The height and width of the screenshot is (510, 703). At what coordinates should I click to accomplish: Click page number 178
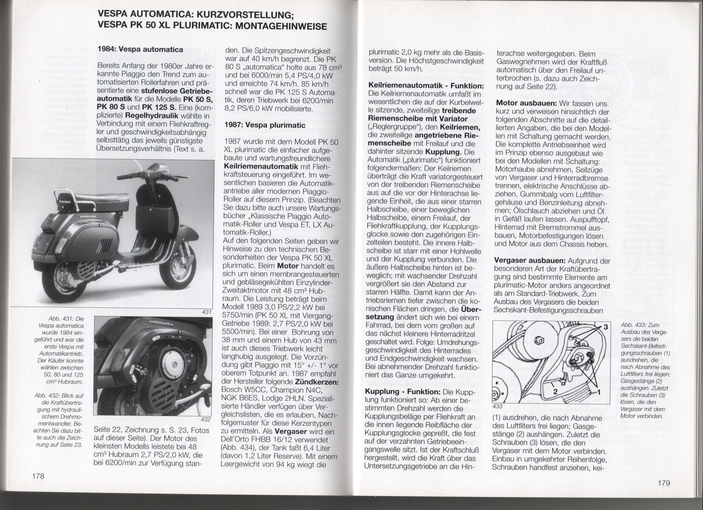(38, 476)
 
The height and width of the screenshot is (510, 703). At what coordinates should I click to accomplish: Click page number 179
(663, 482)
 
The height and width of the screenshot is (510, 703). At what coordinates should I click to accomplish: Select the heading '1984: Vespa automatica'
(140, 49)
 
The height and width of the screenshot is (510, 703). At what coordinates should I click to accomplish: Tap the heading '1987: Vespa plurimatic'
(265, 125)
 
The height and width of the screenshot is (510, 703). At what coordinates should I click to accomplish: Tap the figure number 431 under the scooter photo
(207, 312)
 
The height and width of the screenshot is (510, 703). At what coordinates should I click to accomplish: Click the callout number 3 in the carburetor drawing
(605, 328)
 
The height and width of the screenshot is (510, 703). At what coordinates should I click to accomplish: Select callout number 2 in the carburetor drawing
(555, 391)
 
